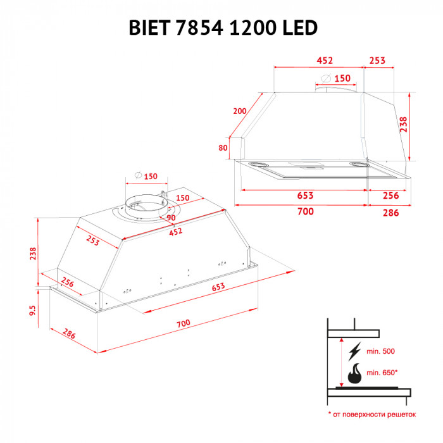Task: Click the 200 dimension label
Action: point(239,111)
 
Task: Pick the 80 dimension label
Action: point(223,148)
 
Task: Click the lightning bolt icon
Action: point(354,350)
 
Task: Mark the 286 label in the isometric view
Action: point(68,333)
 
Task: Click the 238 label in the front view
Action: point(402,125)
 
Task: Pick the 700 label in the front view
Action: point(305,211)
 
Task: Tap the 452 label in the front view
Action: point(324,61)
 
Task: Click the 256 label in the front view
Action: point(390,196)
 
